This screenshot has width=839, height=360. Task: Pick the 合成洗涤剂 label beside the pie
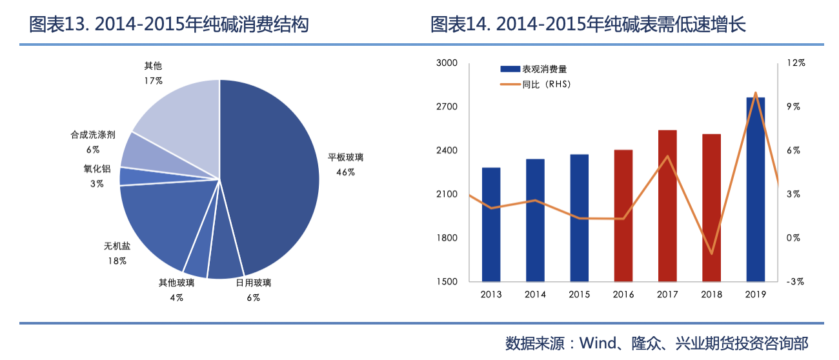click(93, 135)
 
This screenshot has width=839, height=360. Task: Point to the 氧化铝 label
click(97, 169)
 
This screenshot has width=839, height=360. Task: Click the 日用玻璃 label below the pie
click(253, 283)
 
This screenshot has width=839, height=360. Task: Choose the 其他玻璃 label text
click(177, 283)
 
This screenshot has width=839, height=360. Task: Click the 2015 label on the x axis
click(579, 295)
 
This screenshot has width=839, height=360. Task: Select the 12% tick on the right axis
click(796, 63)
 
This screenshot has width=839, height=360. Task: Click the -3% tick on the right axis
click(794, 281)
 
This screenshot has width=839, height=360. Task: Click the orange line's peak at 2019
click(755, 93)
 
